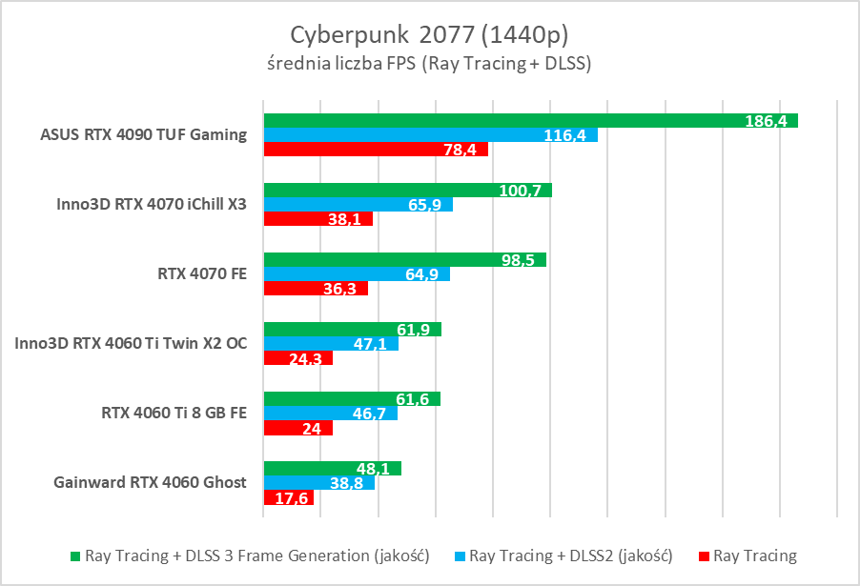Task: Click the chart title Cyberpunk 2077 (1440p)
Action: coord(429,34)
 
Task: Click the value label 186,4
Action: coord(768,121)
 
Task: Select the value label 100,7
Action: coord(520,191)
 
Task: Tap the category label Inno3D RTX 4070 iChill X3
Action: coord(150,205)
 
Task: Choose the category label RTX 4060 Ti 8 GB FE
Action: coord(174,414)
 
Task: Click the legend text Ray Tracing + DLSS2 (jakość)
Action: coord(571,556)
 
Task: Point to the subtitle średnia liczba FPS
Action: coord(429,64)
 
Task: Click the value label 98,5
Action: coord(517,260)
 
